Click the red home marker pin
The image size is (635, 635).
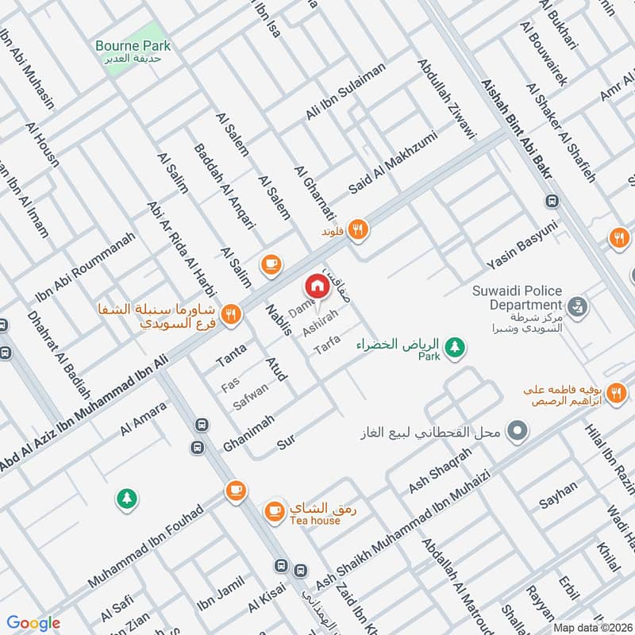[x=317, y=285]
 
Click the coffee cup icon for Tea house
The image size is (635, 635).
[x=274, y=509]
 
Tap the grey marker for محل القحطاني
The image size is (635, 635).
[x=518, y=433]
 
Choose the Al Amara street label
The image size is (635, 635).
[x=144, y=420]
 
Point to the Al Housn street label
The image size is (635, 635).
[x=42, y=147]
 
